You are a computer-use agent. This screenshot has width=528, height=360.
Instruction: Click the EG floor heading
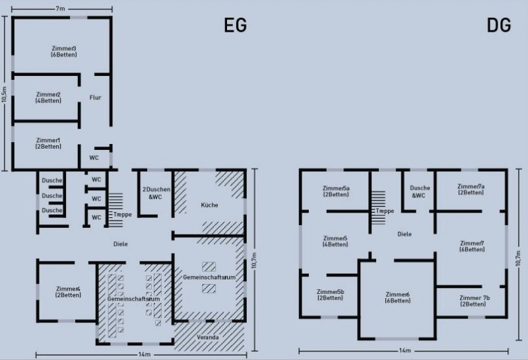click(x=236, y=25)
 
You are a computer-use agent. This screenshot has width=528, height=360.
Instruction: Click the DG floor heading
click(x=499, y=25)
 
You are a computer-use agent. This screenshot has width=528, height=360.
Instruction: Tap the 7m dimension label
click(x=60, y=9)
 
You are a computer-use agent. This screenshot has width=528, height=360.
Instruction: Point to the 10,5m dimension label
click(x=4, y=94)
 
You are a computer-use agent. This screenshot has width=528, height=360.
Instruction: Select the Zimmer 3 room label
click(x=64, y=52)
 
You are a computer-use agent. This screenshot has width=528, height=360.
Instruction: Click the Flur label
click(x=95, y=97)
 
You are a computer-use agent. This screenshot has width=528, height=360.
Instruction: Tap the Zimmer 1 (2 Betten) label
click(x=48, y=143)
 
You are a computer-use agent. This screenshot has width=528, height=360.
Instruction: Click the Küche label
click(x=209, y=205)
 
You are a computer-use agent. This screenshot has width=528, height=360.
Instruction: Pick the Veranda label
click(x=208, y=337)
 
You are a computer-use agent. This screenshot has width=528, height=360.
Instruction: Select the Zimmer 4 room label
click(x=69, y=292)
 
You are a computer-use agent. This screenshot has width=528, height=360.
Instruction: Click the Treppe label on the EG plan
click(x=123, y=215)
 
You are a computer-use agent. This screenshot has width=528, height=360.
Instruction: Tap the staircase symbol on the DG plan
click(x=378, y=207)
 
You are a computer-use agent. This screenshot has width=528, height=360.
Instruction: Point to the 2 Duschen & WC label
click(x=156, y=193)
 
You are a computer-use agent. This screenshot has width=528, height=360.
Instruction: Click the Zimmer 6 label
click(x=398, y=297)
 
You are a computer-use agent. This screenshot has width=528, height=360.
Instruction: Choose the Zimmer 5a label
click(x=336, y=191)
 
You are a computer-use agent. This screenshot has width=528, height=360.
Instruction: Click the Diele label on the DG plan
click(x=405, y=234)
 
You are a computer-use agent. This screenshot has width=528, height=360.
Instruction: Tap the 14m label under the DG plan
click(x=405, y=351)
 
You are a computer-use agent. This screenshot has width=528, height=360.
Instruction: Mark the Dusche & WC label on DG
click(x=420, y=192)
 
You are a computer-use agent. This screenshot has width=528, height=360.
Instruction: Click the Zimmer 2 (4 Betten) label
click(x=48, y=97)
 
